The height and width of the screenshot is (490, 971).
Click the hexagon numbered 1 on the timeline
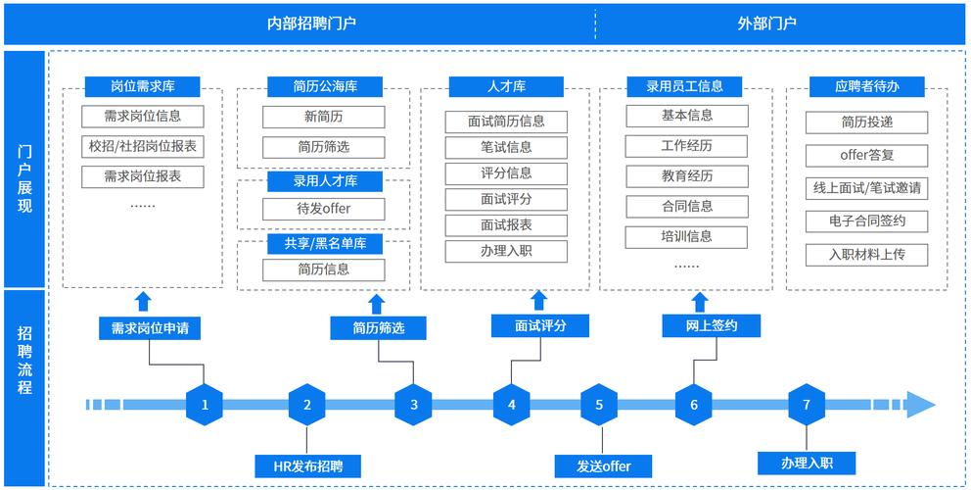click(205, 404)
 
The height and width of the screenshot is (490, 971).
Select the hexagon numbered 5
click(599, 404)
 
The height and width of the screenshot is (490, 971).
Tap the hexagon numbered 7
click(807, 404)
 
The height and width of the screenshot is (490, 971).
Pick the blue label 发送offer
click(599, 465)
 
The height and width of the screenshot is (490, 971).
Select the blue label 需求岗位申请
click(150, 328)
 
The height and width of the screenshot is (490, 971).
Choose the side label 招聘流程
click(25, 360)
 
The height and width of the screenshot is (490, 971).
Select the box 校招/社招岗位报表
click(142, 147)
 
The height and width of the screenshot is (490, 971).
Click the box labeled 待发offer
click(323, 209)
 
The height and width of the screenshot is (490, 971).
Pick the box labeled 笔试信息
click(506, 148)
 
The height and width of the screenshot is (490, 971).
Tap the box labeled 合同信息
click(686, 207)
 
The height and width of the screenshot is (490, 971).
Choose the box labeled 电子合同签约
click(865, 220)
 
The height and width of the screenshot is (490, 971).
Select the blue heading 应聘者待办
click(866, 86)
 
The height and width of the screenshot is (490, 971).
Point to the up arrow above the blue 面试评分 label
click(537, 300)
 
